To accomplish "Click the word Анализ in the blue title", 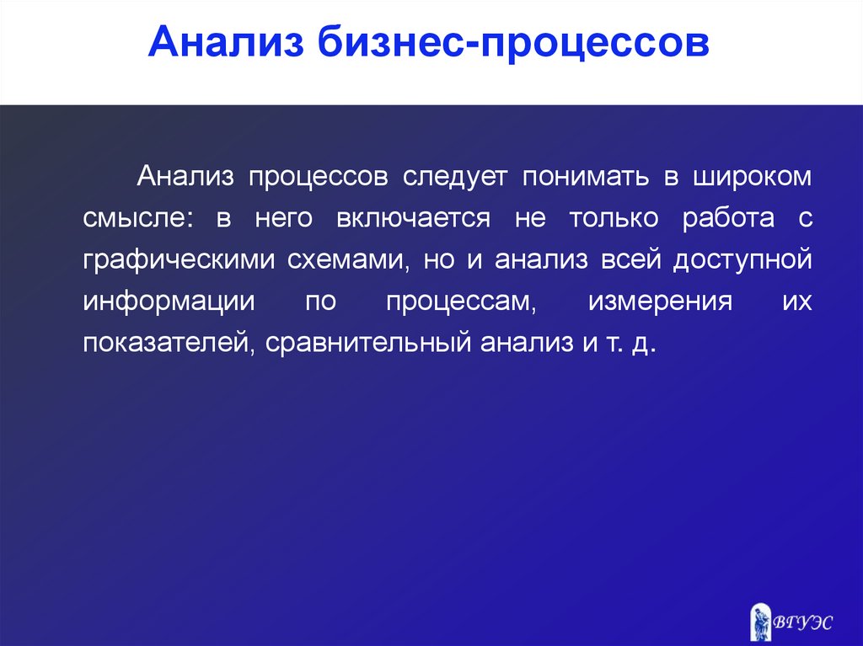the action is click(x=226, y=42).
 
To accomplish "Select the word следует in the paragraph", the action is click(x=454, y=178).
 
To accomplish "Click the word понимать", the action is click(x=586, y=176).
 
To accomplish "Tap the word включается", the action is click(x=413, y=218).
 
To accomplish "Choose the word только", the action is click(x=614, y=218).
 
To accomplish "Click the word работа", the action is click(x=728, y=219).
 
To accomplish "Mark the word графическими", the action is click(x=179, y=260).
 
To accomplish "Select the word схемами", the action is click(x=348, y=260).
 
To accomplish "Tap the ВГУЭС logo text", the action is click(x=802, y=622).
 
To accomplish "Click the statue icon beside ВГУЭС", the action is click(x=761, y=622).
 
